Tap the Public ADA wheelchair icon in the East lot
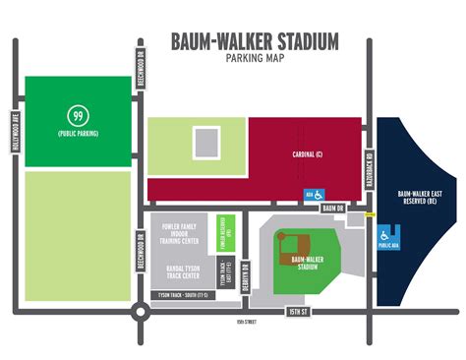[386, 236]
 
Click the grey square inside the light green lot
[204, 144]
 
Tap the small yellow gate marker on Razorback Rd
[371, 213]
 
